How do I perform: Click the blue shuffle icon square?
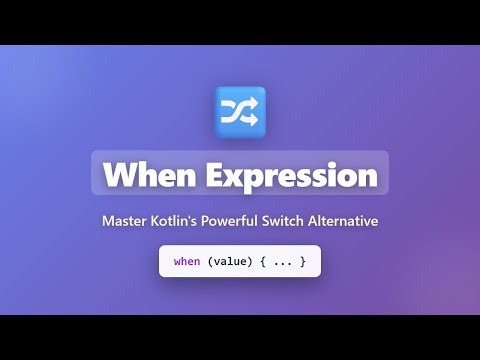240,111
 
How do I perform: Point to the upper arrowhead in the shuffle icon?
254,104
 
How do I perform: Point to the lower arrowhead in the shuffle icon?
254,119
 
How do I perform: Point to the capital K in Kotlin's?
158,221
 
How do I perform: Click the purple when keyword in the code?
187,262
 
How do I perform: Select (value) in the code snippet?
232,262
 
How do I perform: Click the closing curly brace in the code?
302,262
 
